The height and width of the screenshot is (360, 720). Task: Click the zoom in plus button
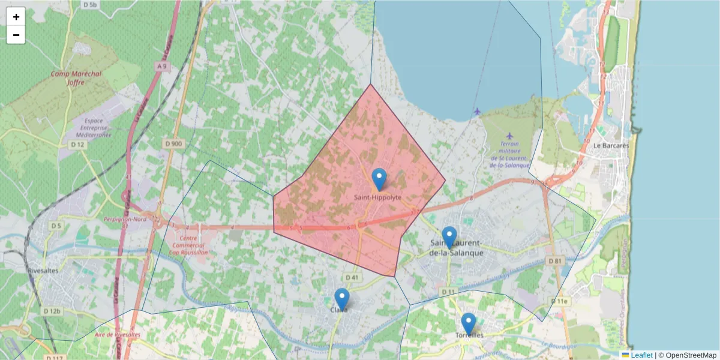[x=16, y=17]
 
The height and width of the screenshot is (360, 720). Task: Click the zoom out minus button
[x=16, y=35]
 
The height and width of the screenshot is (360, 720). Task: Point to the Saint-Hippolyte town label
[x=377, y=197]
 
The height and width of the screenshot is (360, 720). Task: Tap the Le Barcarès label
[x=611, y=146]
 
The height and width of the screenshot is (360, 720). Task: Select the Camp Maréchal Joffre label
[x=76, y=78]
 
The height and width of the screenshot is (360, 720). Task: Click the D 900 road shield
[x=173, y=143]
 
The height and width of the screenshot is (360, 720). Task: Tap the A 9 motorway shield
[x=161, y=66]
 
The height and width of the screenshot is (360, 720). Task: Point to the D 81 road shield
[x=554, y=261]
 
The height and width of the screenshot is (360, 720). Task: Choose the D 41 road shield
[x=352, y=277]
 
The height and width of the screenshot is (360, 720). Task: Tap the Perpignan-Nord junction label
[x=125, y=220]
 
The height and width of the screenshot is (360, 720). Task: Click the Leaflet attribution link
[x=641, y=355]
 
